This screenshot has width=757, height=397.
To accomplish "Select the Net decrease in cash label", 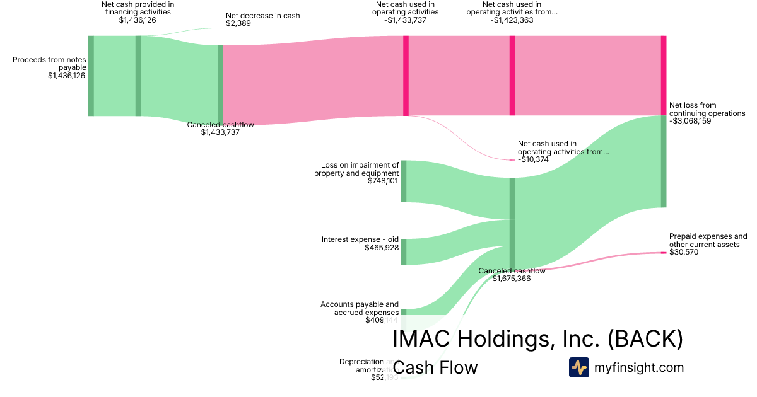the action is coord(262,16).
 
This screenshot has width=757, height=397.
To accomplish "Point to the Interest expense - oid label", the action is coord(360,239).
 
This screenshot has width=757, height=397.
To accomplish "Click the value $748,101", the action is coord(384,181).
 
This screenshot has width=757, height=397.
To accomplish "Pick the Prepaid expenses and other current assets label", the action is coord(708,240).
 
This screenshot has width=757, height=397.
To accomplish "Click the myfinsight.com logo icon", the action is coord(578,367).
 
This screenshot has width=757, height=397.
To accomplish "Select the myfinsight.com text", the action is coord(639,367).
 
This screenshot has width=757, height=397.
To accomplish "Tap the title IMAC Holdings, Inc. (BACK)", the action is coord(537,339).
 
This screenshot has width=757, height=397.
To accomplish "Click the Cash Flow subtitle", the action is coord(435,367).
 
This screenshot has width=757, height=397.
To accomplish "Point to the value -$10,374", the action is coord(533,159).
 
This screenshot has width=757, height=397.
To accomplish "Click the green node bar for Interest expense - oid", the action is coord(404,251).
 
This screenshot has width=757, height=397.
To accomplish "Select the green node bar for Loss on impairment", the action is coord(404,181).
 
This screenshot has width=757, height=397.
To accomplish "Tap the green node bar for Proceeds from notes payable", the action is coord(91,76).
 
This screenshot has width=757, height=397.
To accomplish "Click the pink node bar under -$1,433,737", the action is coord(406,76).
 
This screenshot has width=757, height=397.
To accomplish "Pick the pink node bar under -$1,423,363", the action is coord(512,76).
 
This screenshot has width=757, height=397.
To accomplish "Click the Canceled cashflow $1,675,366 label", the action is coord(512,275).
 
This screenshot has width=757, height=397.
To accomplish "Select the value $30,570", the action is coord(684,252).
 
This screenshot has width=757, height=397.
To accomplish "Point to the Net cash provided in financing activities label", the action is coord(138,12).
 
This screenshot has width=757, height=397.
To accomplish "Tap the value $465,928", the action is coord(382,248).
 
